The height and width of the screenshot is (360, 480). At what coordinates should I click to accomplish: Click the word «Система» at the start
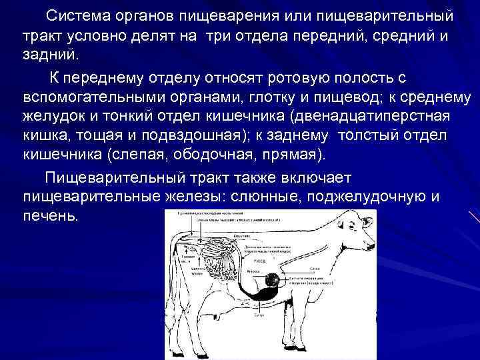pyautogui.click(x=73, y=15)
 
